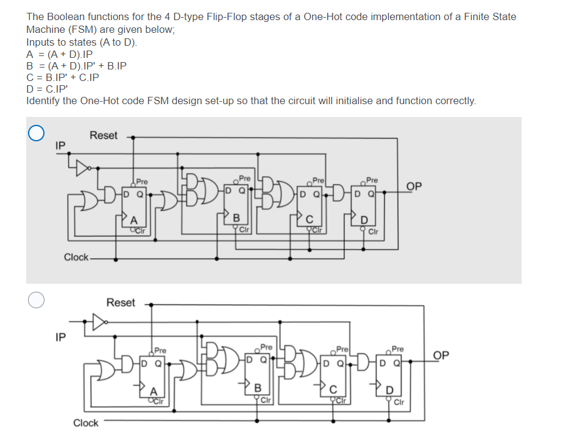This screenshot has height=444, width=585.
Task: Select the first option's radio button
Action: tap(36, 133)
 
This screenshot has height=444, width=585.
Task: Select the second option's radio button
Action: tap(36, 299)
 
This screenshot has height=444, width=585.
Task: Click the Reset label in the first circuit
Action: tap(103, 136)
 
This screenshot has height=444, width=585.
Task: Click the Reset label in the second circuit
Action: tap(120, 303)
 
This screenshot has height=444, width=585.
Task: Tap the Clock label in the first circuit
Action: tap(76, 258)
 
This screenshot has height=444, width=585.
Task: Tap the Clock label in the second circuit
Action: tap(85, 423)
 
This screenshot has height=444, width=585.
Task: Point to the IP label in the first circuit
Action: tap(60, 146)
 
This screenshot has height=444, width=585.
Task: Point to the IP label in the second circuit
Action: tap(60, 336)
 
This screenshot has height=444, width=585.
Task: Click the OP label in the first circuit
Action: tap(414, 186)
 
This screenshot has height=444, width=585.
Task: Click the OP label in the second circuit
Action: tap(442, 356)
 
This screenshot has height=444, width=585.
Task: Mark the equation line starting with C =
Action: tap(62, 77)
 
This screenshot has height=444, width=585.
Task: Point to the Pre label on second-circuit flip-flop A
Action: tap(160, 350)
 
